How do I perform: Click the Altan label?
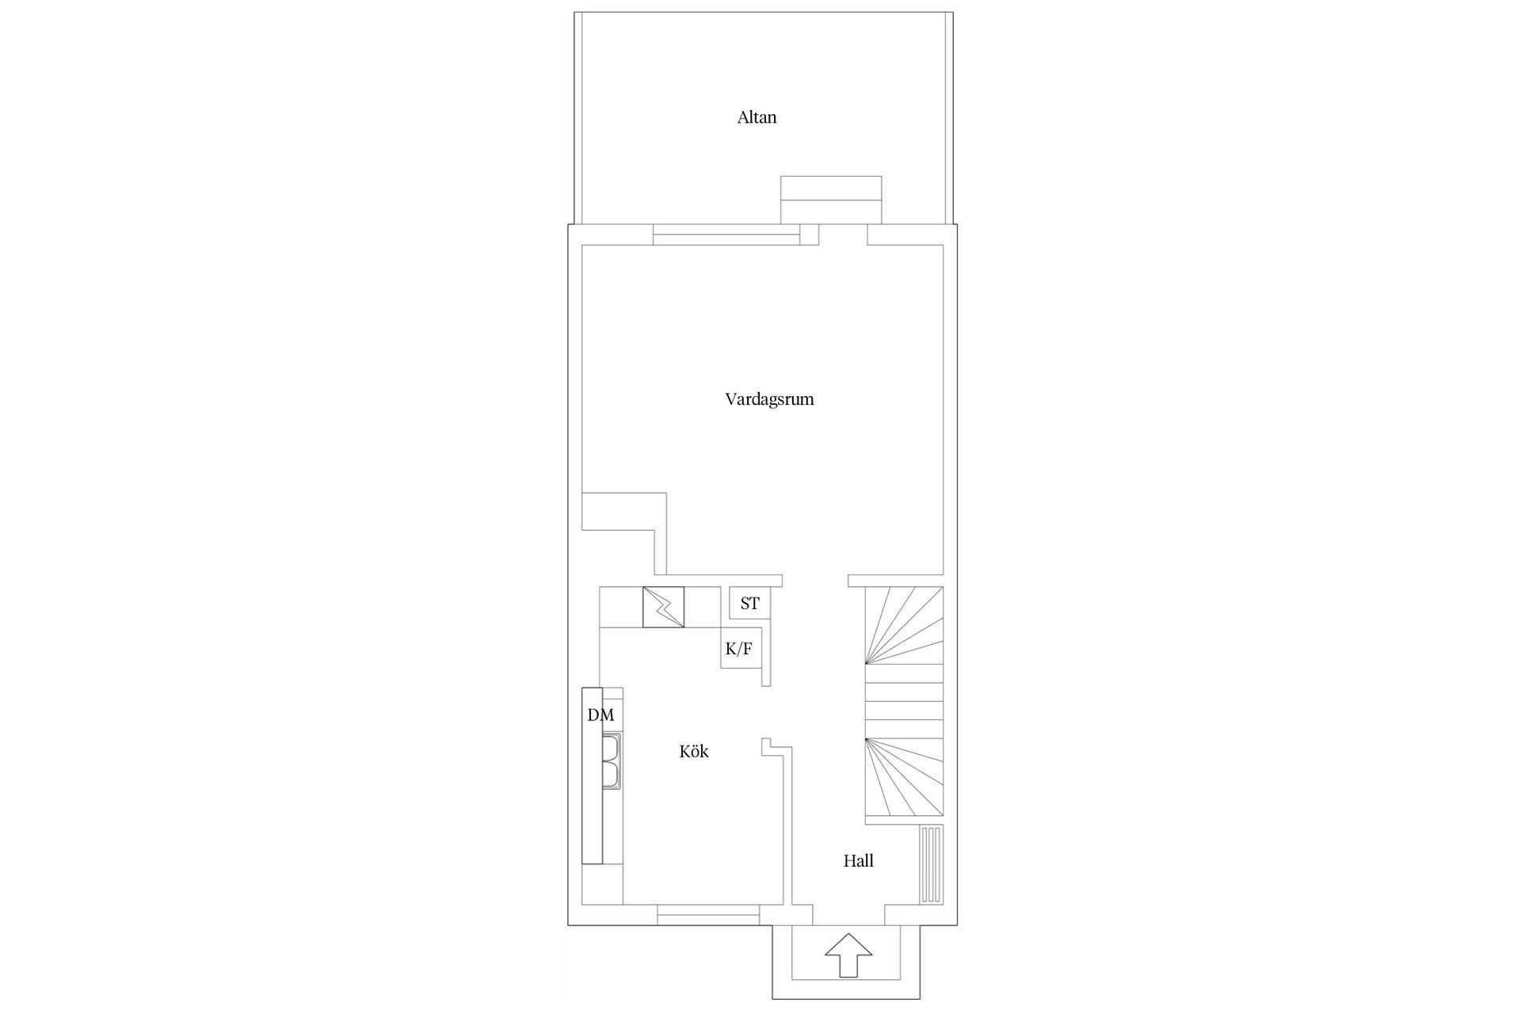pos(757,118)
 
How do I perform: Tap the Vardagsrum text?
pos(769,400)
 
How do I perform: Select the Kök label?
pos(694,751)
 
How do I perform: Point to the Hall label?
pos(859,860)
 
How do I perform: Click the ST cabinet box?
pos(749,603)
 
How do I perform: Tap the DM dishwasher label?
pos(600,715)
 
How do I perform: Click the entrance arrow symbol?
pos(848,955)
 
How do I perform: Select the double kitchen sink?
pos(612,762)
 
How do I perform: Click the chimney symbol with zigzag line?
pos(663,608)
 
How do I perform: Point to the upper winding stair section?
pos(905,625)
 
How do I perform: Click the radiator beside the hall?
pos(932,865)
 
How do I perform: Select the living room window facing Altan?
pos(726,235)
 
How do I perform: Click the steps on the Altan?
pos(831,200)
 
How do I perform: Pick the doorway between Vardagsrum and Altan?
pos(843,235)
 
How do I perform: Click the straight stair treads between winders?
pos(905,701)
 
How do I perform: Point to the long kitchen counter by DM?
pos(592,776)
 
